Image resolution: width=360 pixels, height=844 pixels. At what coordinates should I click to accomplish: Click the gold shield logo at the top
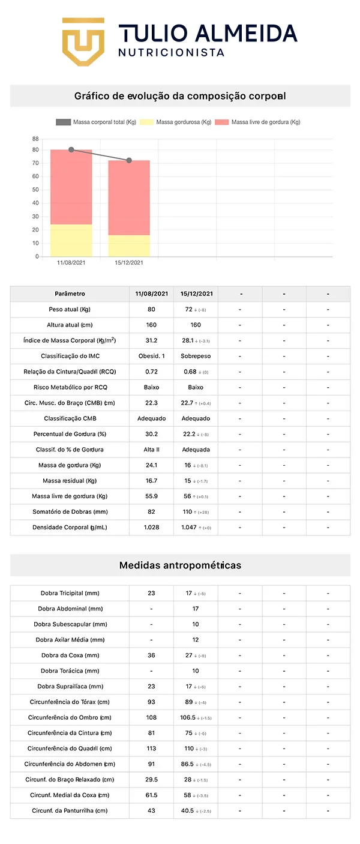click(x=83, y=41)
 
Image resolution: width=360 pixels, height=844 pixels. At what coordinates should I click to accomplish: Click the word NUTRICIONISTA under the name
click(x=172, y=53)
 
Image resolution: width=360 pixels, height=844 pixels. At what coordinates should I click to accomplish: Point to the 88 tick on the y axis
click(x=36, y=139)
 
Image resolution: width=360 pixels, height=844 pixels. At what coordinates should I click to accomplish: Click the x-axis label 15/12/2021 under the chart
click(x=129, y=263)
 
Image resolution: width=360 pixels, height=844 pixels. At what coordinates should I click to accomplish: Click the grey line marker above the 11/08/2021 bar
click(x=71, y=149)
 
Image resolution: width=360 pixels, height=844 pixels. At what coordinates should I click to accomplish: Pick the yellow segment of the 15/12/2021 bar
click(x=129, y=246)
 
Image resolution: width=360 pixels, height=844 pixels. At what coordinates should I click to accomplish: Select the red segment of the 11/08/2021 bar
click(x=71, y=187)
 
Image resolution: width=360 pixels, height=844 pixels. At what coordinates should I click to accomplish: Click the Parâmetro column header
click(x=70, y=294)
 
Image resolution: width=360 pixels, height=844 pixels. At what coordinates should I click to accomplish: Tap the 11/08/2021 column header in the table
click(x=151, y=294)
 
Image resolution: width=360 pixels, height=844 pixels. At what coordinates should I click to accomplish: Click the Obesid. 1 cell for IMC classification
click(x=151, y=357)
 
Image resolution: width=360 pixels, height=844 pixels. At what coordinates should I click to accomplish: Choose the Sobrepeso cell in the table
click(x=196, y=357)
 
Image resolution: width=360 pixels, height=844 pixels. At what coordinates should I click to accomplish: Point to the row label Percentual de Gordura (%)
click(x=70, y=434)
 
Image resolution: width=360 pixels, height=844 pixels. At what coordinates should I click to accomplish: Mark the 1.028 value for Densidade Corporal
click(x=151, y=528)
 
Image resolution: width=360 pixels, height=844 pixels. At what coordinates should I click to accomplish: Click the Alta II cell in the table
click(x=151, y=450)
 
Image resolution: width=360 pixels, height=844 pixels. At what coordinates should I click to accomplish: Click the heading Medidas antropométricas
click(x=180, y=565)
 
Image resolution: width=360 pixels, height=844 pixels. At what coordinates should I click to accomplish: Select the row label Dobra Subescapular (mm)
click(x=70, y=624)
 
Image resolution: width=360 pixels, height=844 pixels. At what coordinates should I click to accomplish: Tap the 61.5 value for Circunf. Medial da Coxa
click(x=151, y=795)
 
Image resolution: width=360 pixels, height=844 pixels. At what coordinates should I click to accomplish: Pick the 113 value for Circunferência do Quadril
click(x=151, y=749)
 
